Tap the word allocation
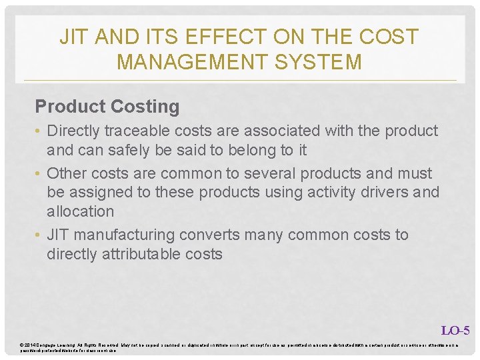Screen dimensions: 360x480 (x=80, y=211)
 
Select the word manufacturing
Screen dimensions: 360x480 (x=126, y=235)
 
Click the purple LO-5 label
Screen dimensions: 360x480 (x=455, y=330)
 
